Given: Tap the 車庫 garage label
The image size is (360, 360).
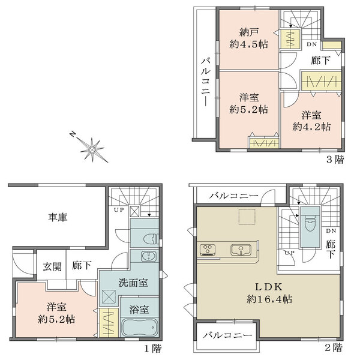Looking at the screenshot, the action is pyautogui.click(x=58, y=217).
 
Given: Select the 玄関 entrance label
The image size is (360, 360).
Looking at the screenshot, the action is pyautogui.click(x=52, y=267).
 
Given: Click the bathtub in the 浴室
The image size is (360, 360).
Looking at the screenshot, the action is pyautogui.click(x=139, y=328).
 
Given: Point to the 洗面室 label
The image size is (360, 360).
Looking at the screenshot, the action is pyautogui.click(x=133, y=283).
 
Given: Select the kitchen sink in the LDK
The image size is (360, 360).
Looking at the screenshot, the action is pyautogui.click(x=241, y=250).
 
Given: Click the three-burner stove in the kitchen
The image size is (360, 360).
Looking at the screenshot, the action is pyautogui.click(x=208, y=250).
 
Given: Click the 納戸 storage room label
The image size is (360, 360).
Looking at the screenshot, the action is pyautogui.click(x=249, y=32).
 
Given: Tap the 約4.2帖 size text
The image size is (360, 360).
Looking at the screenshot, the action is pyautogui.click(x=311, y=127).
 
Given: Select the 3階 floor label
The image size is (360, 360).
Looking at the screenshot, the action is pyautogui.click(x=335, y=160).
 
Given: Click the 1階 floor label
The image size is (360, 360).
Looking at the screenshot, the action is pyautogui.click(x=153, y=349).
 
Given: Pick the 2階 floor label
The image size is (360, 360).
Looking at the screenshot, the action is pyautogui.click(x=334, y=347).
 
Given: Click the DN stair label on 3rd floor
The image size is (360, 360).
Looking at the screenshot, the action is pyautogui.click(x=312, y=44).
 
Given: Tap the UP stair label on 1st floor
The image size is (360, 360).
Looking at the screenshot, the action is pyautogui.click(x=119, y=209).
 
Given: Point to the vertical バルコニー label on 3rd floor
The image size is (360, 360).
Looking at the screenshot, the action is pyautogui.click(x=206, y=82).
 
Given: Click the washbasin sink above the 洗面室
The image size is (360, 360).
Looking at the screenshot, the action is pyautogui.click(x=149, y=256).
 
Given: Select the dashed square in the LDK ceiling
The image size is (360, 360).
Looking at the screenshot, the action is pyautogui.click(x=247, y=217).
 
